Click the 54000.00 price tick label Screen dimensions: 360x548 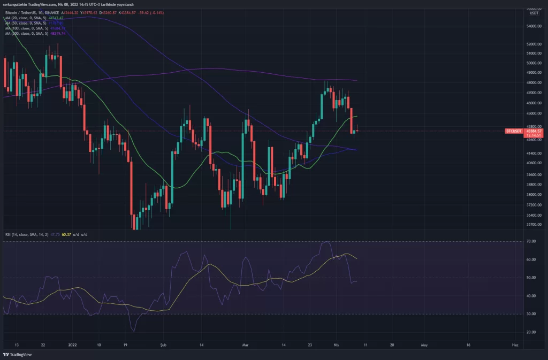pyautogui.click(x=533, y=26)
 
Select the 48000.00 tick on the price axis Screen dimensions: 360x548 pyautogui.click(x=533, y=82)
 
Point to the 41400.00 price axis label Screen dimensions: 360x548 pyautogui.click(x=533, y=152)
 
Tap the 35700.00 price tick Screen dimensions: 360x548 pyautogui.click(x=533, y=225)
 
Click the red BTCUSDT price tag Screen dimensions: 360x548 pyautogui.click(x=514, y=131)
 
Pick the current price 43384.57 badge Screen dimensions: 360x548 pyautogui.click(x=535, y=131)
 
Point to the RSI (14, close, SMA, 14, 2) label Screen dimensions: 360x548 pyautogui.click(x=30, y=234)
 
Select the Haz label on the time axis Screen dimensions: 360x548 pyautogui.click(x=515, y=345)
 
